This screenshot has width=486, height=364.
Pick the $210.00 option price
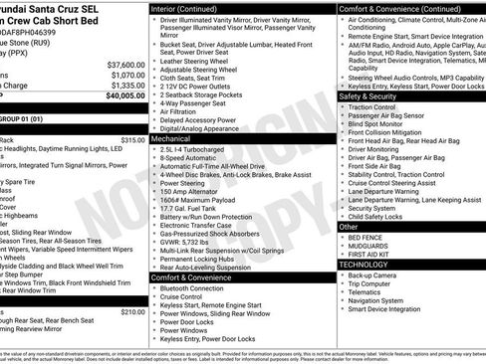[x=132, y=311]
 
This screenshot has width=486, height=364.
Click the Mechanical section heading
[x=171, y=140]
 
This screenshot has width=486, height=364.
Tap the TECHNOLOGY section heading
[x=364, y=265]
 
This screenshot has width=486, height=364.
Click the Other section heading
[x=349, y=226]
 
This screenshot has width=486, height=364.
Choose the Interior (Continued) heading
[x=191, y=8]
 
